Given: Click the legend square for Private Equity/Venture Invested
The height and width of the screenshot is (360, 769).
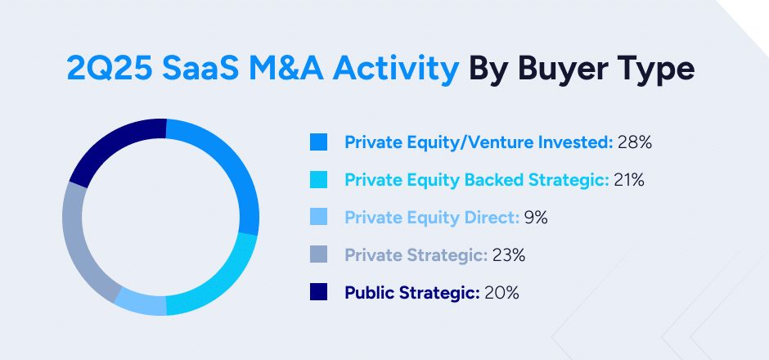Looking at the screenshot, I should click(319, 142).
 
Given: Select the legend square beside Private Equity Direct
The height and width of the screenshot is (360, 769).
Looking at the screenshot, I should click(319, 218).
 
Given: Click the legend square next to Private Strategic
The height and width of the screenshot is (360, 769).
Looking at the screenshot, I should click(319, 255).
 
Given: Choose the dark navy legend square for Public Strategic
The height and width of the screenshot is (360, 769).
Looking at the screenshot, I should click(319, 292).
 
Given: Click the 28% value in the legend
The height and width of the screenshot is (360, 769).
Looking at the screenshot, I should click(635, 142).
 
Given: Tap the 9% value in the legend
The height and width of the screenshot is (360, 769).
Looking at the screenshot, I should click(536, 218).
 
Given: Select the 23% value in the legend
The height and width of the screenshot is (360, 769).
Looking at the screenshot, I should click(508, 255).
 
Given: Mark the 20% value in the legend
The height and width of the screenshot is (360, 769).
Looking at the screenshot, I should click(501, 292).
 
